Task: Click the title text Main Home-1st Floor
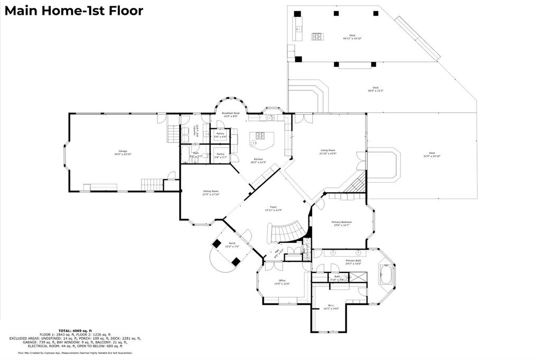pyautogui.click(x=73, y=11)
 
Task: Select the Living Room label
pyautogui.click(x=328, y=151)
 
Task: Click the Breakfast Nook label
pyautogui.click(x=230, y=114)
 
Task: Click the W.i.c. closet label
pyautogui.click(x=331, y=307)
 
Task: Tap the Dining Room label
pyautogui.click(x=211, y=192)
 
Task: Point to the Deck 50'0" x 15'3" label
pyautogui.click(x=375, y=89)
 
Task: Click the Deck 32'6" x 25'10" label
pyautogui.click(x=431, y=155)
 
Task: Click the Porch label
pyautogui.click(x=232, y=244)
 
